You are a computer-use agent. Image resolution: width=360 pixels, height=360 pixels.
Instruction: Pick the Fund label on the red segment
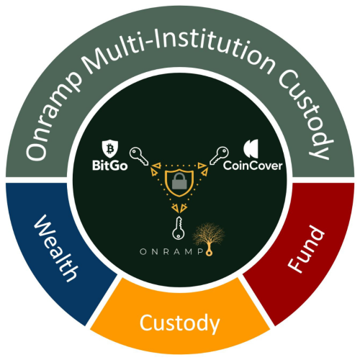coord(306,250)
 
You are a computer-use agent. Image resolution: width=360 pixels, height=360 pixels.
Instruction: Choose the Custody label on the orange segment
coord(179,323)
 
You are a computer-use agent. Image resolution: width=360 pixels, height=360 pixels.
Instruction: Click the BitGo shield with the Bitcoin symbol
coord(110,148)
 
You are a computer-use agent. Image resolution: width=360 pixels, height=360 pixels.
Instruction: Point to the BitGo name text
coord(110,166)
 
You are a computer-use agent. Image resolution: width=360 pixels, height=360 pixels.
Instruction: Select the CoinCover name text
coord(253,166)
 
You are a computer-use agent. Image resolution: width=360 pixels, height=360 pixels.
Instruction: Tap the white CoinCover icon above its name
coord(251,148)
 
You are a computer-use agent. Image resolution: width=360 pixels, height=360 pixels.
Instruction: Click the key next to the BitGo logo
coord(139,156)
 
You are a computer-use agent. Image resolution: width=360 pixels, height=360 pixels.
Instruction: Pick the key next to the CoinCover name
coord(219,156)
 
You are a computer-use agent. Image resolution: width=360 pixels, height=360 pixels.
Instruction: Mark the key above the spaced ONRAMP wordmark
coord(179,228)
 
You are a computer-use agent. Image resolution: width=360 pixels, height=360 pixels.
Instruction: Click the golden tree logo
coord(209,236)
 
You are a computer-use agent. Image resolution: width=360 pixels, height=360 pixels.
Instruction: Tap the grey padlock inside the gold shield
coord(179,181)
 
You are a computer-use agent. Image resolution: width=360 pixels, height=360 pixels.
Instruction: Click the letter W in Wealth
coord(45,225)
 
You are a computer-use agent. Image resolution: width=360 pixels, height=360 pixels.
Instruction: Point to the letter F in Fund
coord(297,265)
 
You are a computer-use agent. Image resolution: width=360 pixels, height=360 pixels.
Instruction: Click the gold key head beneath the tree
coord(209,253)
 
